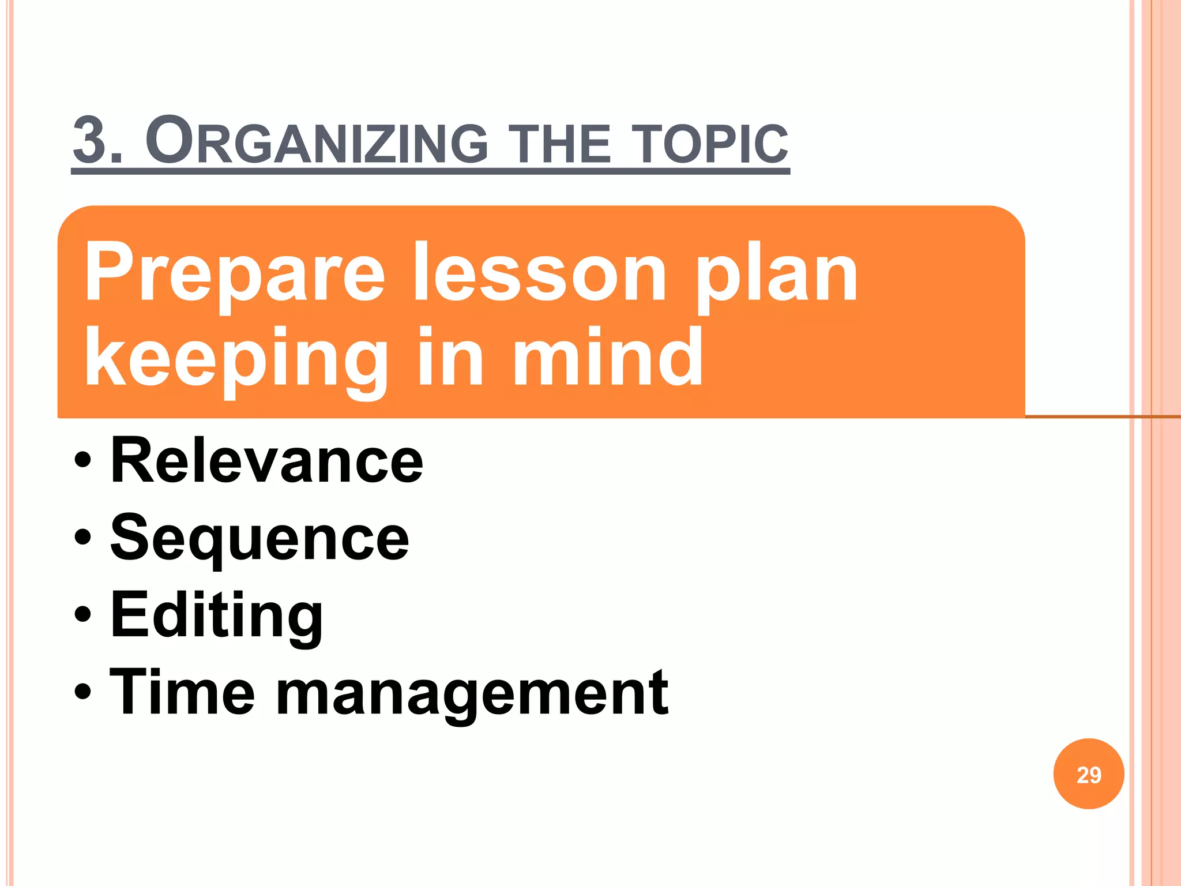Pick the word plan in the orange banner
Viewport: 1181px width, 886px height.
coord(776,274)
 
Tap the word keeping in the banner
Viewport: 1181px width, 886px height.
coord(236,358)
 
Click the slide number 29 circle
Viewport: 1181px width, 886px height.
coord(1088,774)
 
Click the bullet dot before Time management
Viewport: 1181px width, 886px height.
coord(82,690)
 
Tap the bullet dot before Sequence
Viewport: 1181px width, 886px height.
coord(82,537)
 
